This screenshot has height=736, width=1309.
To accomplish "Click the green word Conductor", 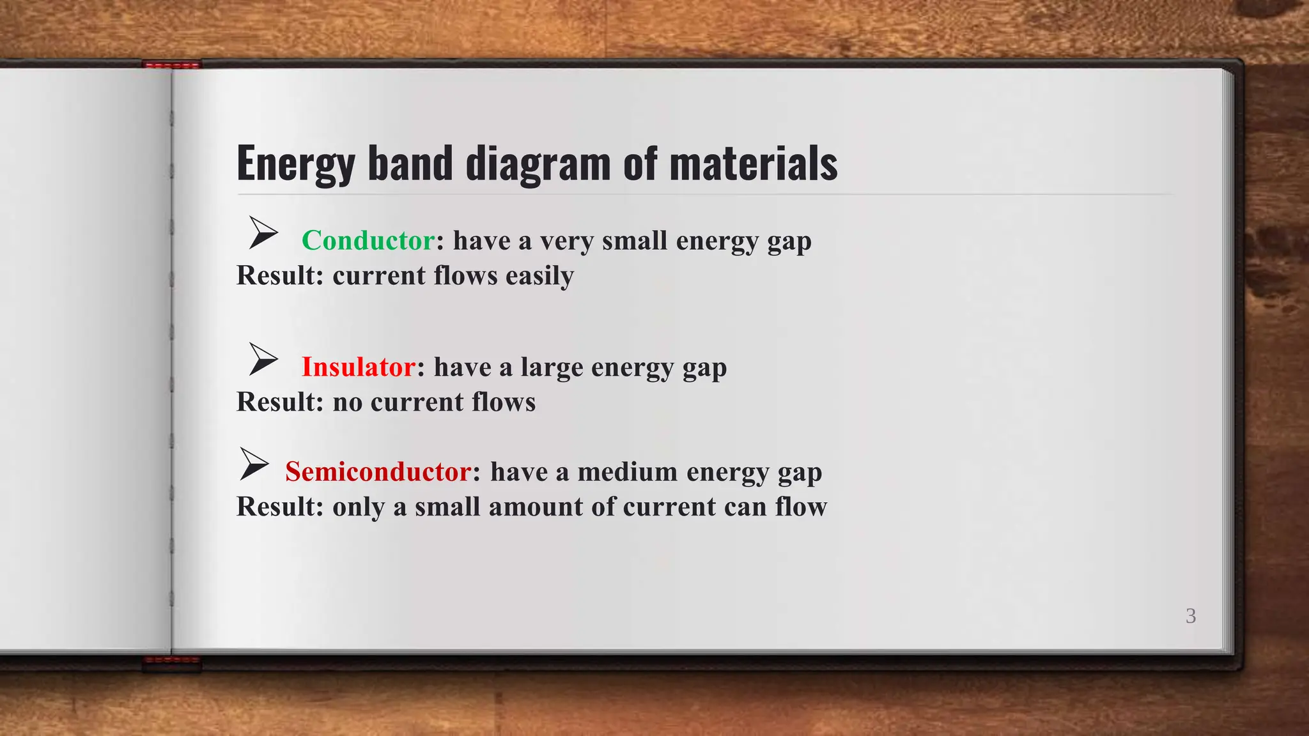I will (368, 241).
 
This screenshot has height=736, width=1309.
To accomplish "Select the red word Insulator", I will (359, 367).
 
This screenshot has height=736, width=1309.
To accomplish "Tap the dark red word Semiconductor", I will (378, 472).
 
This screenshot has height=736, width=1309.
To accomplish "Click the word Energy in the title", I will (295, 164).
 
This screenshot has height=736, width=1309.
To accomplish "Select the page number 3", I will (1191, 616).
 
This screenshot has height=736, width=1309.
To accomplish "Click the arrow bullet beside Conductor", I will (263, 233).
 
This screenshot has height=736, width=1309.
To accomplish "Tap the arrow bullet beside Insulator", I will (263, 359).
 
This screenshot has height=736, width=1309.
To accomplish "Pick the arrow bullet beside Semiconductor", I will (254, 464).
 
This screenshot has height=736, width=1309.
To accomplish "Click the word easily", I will (539, 276).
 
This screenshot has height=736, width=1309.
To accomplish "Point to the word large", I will (552, 367).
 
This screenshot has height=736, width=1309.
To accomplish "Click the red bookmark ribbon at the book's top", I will (172, 65).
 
